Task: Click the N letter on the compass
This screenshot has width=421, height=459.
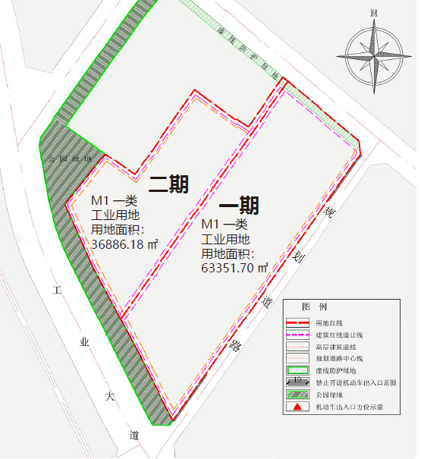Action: click(x=374, y=13)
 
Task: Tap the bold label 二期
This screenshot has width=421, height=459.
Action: click(x=168, y=184)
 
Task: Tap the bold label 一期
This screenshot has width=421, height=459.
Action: click(x=239, y=206)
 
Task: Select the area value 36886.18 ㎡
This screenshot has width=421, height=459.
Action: click(x=124, y=244)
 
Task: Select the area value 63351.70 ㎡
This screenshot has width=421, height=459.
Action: click(x=235, y=267)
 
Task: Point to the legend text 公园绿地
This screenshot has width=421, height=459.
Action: click(x=330, y=395)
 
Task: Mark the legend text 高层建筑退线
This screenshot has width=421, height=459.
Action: click(x=333, y=346)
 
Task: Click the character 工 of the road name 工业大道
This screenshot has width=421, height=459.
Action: click(x=56, y=291)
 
